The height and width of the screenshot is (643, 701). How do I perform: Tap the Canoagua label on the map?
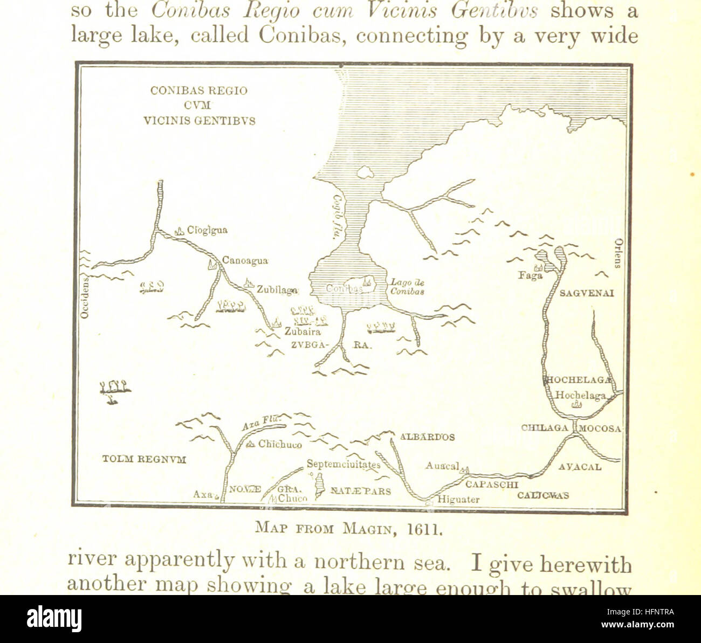[x=245, y=261]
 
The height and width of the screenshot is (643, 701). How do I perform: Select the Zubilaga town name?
[x=277, y=289]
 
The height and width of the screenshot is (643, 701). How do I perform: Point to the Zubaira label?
[x=303, y=332]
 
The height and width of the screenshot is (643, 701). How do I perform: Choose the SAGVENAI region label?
[x=587, y=293]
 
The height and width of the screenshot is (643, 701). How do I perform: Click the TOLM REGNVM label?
[x=144, y=459]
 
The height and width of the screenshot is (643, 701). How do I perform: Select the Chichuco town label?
[x=279, y=445]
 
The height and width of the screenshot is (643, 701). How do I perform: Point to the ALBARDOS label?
[x=427, y=437]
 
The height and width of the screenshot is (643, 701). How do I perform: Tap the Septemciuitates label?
[x=343, y=464]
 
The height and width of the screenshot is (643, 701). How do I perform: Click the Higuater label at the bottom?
[x=458, y=499]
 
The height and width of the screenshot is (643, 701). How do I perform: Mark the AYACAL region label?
[x=580, y=467]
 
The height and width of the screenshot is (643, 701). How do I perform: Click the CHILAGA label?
[x=545, y=428]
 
